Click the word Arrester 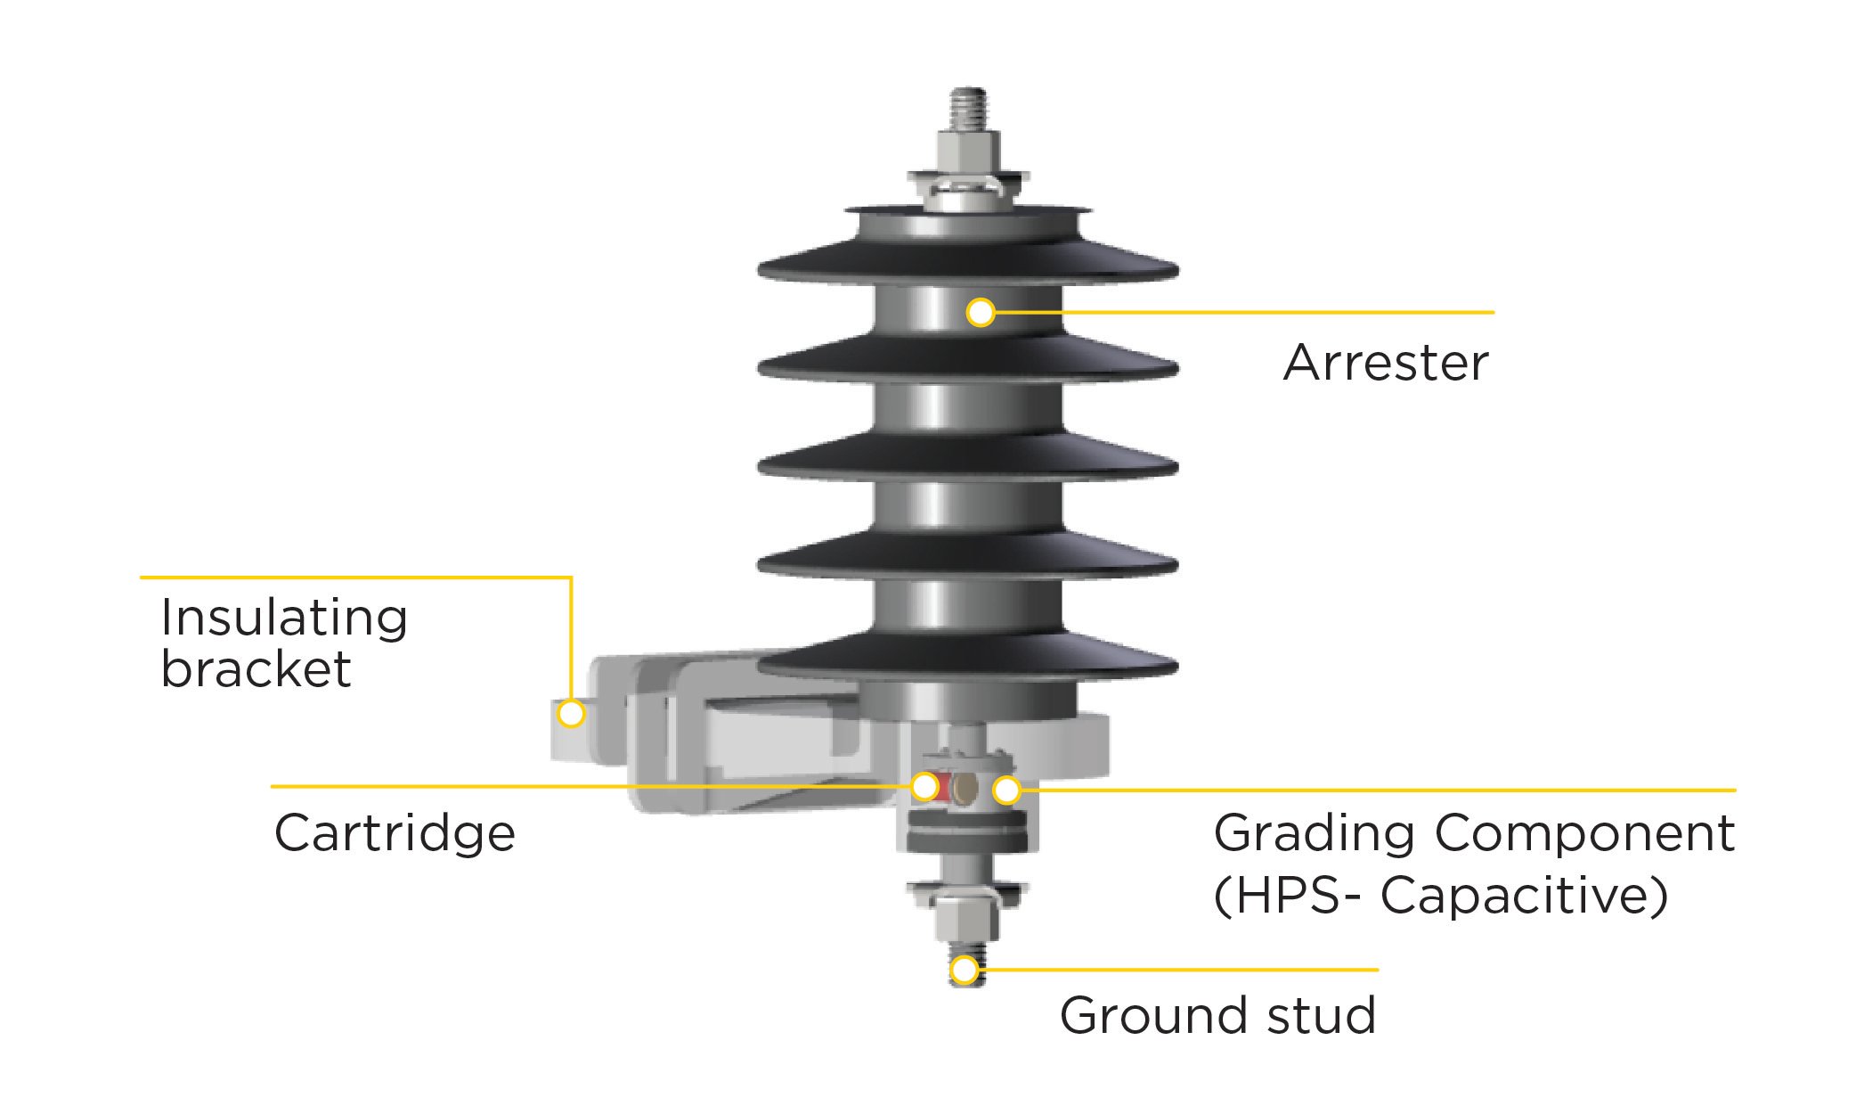1386,363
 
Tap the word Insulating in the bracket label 284,618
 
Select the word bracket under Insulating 256,669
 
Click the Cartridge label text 395,833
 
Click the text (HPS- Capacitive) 1440,895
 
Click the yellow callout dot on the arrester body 981,312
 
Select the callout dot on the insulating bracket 571,713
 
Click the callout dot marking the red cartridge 925,786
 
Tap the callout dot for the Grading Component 1006,790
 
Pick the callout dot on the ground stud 965,970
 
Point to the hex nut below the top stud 968,152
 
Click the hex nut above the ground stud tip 966,918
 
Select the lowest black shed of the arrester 968,659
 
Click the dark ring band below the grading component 966,840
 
